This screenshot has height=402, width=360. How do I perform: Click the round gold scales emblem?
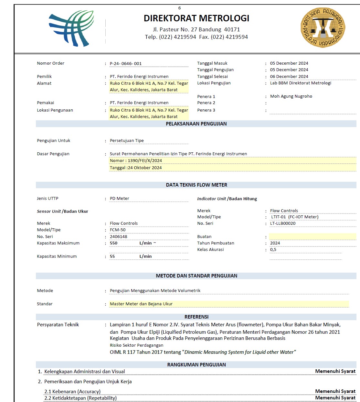[323, 27]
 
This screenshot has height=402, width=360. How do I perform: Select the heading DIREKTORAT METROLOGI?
[196, 18]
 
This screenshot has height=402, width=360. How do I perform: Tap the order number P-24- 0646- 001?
[126, 64]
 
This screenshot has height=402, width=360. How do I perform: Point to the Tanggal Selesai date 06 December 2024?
[289, 77]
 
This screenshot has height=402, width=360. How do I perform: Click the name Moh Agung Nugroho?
[291, 96]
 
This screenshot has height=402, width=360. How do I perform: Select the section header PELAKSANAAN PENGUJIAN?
[196, 124]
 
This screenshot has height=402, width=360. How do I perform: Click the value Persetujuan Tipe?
[127, 141]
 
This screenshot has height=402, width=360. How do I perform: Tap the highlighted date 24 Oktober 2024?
[144, 168]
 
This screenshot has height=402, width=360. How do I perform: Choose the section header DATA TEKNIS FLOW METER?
[196, 185]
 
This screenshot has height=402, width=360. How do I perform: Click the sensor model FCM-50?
[118, 230]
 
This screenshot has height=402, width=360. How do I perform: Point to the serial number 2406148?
[119, 237]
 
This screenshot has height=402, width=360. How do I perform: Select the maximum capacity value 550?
[114, 243]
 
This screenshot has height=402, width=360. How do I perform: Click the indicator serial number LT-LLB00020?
[283, 223]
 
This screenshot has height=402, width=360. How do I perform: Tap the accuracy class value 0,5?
[273, 250]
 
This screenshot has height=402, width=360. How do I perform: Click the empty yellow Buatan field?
[312, 237]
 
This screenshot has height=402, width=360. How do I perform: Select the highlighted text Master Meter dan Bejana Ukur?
[141, 304]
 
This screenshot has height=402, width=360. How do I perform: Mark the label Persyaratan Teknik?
[58, 325]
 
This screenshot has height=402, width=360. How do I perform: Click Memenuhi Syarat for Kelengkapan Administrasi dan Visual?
[335, 371]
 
